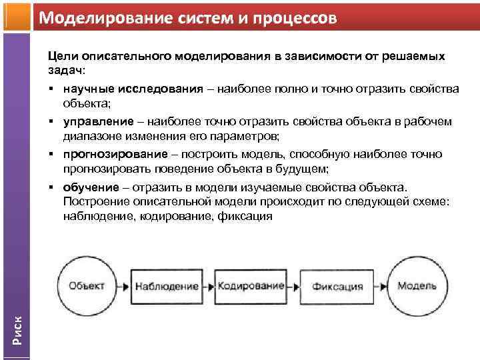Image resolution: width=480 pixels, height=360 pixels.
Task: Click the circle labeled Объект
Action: coord(86,286)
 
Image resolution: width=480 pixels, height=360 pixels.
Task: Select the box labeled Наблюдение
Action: coord(167,286)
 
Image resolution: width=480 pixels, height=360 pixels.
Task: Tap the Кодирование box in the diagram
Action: coord(250,286)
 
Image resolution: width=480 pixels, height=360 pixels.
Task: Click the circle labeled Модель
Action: coord(417,286)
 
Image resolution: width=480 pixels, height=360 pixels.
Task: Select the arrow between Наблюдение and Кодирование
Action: coord(207,286)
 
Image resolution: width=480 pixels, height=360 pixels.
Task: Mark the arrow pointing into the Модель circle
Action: coord(383,286)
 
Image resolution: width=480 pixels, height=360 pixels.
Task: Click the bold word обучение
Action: coord(91,187)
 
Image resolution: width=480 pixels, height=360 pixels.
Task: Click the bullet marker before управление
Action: coord(51,121)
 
